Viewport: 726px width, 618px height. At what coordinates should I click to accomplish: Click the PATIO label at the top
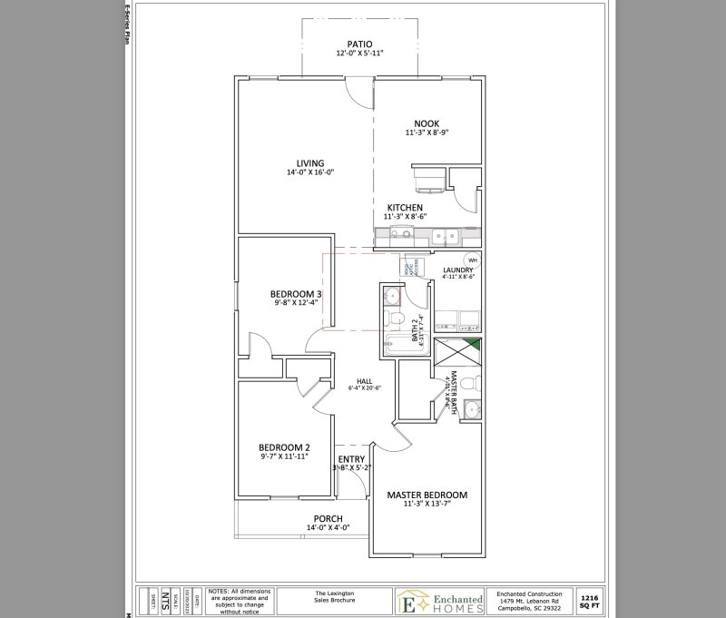360,44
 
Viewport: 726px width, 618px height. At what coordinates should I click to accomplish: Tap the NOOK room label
427,123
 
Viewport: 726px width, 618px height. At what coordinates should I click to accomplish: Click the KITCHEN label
405,207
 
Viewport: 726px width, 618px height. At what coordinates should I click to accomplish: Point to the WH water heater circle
473,260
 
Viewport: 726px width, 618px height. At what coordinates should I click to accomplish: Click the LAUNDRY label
458,270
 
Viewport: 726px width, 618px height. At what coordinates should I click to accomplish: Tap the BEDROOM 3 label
296,294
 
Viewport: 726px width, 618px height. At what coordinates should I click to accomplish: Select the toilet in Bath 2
393,318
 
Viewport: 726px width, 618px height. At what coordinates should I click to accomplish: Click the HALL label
364,381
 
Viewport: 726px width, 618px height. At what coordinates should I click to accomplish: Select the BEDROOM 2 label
284,446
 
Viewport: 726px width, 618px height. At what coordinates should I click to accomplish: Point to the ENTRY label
351,459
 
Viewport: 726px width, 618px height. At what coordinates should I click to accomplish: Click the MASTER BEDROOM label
427,495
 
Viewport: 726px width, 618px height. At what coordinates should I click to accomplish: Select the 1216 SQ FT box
590,600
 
